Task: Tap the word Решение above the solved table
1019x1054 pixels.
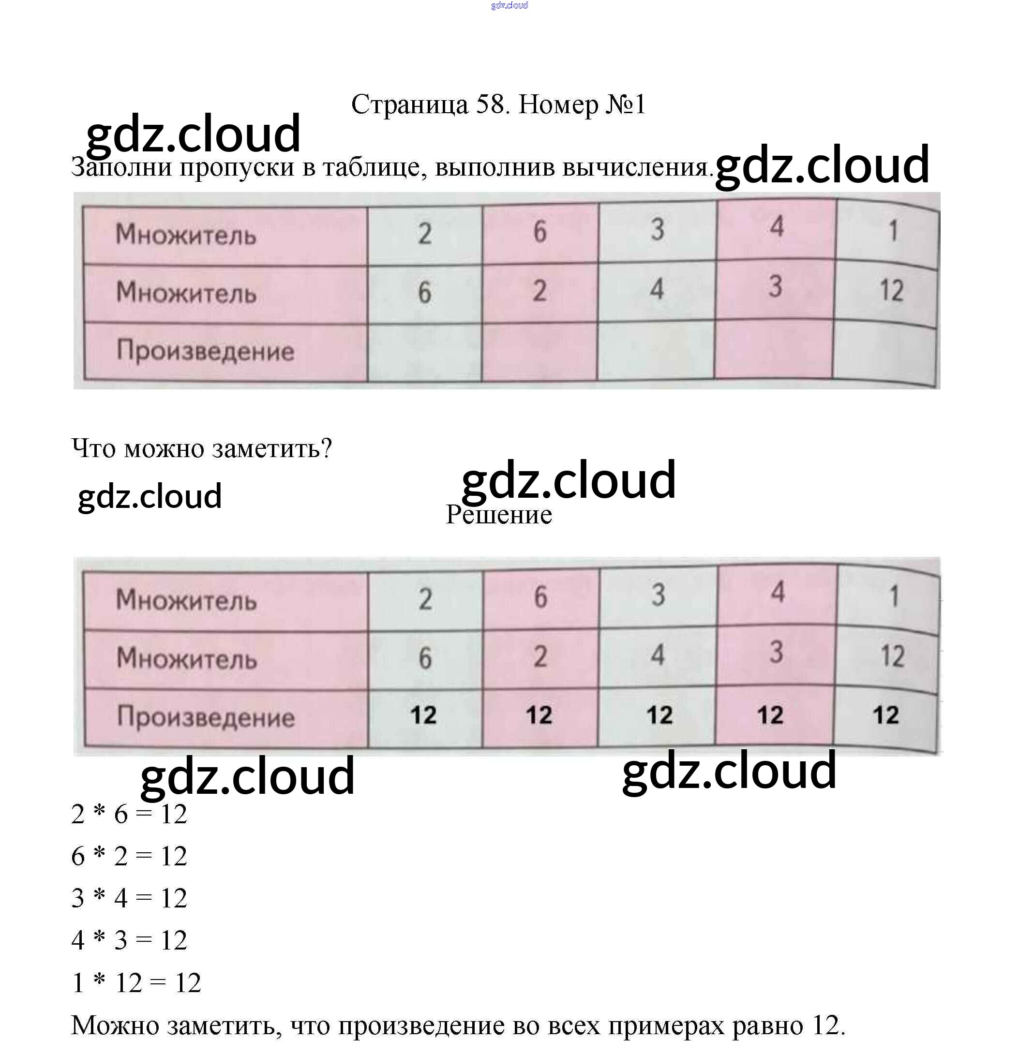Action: click(499, 515)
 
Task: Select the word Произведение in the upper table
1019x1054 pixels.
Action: click(206, 351)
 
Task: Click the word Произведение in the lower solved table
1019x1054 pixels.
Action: click(206, 717)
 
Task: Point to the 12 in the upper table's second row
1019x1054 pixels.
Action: click(891, 291)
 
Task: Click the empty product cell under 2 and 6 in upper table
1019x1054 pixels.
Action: click(424, 352)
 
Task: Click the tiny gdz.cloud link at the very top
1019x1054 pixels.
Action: click(509, 5)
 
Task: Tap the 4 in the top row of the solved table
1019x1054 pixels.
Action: click(778, 593)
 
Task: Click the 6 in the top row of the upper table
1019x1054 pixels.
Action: click(539, 232)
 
